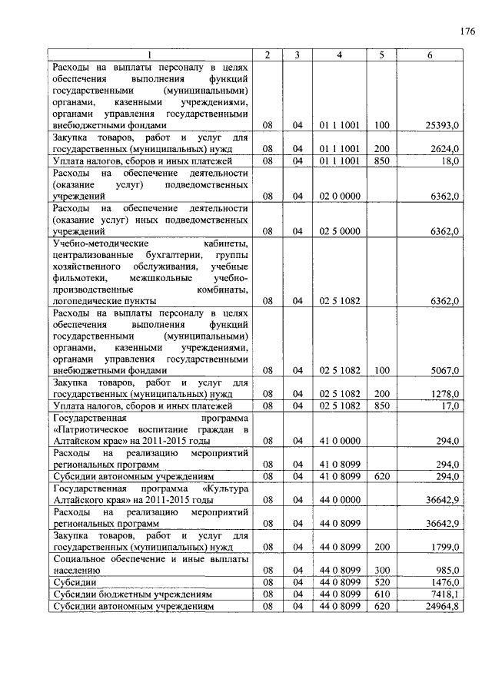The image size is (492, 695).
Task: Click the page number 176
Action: pos(467,31)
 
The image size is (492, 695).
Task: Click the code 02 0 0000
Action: pos(340,197)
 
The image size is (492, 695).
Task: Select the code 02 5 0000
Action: pos(340,231)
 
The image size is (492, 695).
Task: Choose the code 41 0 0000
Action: pos(340,442)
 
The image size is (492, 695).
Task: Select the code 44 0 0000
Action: pos(340,500)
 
